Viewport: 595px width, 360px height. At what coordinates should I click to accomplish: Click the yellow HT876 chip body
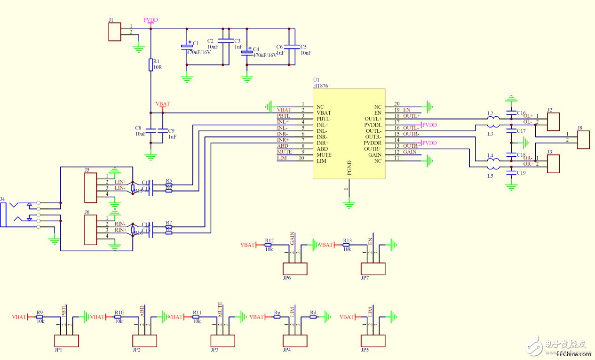point(349,133)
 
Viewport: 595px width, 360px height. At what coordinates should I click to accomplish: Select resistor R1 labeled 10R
point(151,64)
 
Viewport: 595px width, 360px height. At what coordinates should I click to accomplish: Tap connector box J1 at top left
point(114,32)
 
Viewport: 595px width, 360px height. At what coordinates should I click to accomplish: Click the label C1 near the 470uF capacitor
point(196,43)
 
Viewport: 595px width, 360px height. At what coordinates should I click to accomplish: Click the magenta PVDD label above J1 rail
point(151,20)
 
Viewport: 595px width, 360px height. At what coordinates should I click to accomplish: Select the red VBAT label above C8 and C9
point(163,104)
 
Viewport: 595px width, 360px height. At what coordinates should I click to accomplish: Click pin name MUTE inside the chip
point(324,155)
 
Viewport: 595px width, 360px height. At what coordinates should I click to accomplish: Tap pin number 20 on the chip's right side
point(397,104)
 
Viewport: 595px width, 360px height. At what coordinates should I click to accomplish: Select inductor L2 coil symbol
point(492,120)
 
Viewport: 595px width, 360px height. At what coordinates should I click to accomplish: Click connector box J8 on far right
point(583,140)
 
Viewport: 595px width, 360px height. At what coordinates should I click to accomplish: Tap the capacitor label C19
point(521,173)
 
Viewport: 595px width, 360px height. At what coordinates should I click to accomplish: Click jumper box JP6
point(294,269)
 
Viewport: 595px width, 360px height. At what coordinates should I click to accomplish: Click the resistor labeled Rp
point(277,317)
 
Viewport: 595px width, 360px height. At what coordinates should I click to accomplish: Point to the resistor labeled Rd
point(313,317)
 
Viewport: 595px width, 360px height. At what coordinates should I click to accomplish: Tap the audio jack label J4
point(3,199)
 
